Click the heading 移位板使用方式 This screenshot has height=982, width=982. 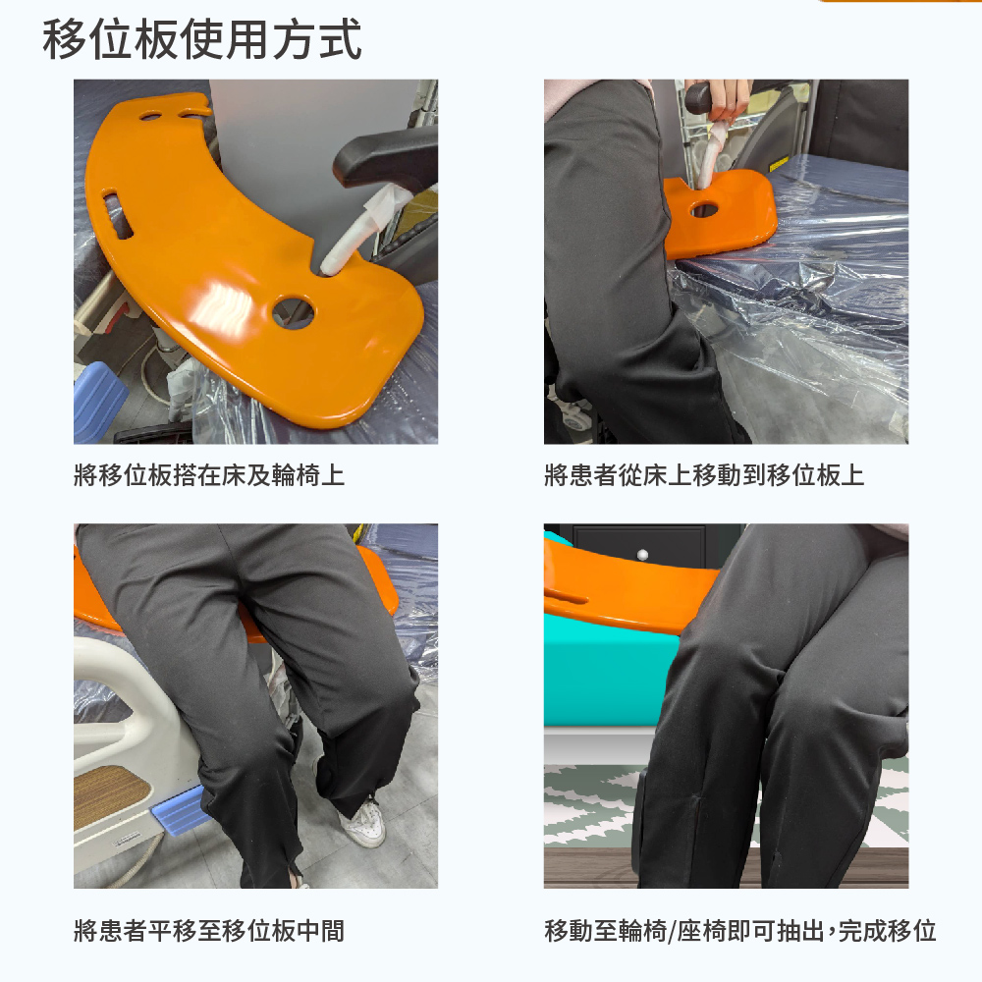click(x=201, y=39)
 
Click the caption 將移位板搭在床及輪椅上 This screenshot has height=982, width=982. click(x=209, y=475)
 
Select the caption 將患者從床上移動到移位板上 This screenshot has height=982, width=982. click(x=704, y=475)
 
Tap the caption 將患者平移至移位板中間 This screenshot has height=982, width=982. click(x=209, y=931)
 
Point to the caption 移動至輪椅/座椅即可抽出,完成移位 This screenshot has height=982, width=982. click(x=740, y=931)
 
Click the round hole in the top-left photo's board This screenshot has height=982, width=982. click(x=294, y=311)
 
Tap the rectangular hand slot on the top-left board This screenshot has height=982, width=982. click(x=118, y=215)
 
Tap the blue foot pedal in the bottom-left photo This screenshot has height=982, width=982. click(x=177, y=810)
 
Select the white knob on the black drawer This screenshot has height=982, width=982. click(x=642, y=554)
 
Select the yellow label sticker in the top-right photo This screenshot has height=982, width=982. click(x=779, y=165)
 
